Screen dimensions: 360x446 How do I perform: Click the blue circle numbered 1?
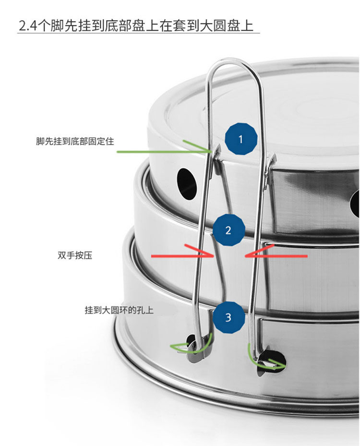point(241,139)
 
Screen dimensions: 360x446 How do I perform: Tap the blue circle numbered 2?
point(228,230)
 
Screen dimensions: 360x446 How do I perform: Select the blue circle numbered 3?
point(228,317)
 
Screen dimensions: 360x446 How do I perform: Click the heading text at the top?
point(136,25)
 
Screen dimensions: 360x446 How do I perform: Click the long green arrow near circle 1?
point(163,151)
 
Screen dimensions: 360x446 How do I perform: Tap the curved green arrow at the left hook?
point(192,344)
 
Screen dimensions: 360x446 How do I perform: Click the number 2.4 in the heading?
point(27,25)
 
